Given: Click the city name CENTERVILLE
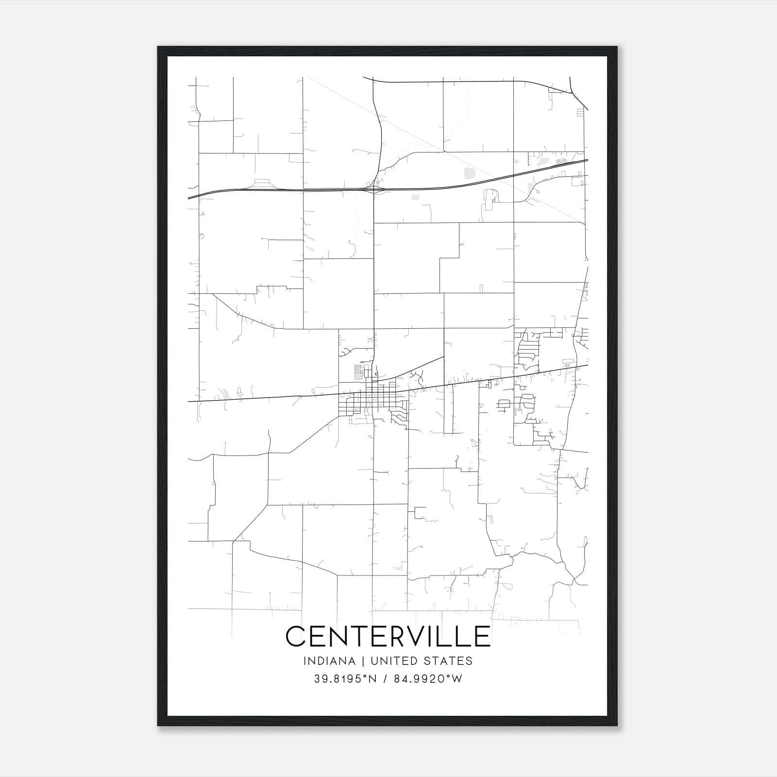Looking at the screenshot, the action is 388,636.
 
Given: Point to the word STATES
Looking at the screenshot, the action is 447,661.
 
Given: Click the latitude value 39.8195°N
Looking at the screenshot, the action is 345,679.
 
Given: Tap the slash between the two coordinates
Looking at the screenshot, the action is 384,679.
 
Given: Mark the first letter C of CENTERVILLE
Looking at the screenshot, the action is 296,636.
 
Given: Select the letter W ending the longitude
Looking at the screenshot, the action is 456,679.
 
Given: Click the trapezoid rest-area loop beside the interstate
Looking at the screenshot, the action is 262,184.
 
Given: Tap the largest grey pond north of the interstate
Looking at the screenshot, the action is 470,172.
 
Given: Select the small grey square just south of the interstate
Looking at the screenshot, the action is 415,197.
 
